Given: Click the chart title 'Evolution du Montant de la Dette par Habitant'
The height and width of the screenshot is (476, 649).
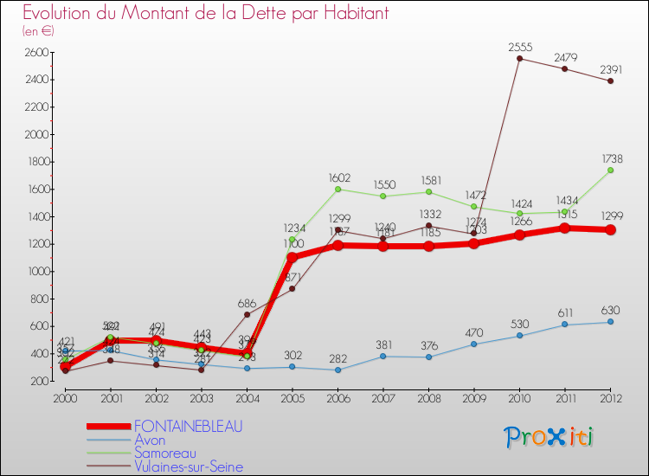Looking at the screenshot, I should pyautogui.click(x=206, y=13).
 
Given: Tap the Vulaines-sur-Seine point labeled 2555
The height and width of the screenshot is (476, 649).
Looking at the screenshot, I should pyautogui.click(x=519, y=59).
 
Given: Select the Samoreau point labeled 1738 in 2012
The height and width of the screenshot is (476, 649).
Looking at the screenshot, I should pyautogui.click(x=611, y=170).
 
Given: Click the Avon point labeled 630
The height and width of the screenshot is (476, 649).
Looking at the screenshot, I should pyautogui.click(x=611, y=322).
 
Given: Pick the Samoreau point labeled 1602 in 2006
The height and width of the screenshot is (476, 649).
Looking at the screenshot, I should pyautogui.click(x=337, y=189).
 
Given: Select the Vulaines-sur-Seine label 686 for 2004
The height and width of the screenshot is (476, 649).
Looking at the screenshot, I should pyautogui.click(x=247, y=304).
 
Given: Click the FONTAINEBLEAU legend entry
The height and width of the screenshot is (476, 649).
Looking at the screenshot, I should pyautogui.click(x=188, y=426).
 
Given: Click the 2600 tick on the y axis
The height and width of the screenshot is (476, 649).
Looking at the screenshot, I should pyautogui.click(x=36, y=53).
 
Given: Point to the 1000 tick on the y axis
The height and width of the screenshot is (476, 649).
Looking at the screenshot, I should pyautogui.click(x=36, y=271).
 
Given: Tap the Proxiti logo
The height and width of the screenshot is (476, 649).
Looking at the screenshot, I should pyautogui.click(x=549, y=437).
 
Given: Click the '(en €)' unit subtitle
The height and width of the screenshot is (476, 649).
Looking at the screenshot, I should pyautogui.click(x=38, y=31).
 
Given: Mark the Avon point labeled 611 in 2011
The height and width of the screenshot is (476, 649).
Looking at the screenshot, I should pyautogui.click(x=565, y=325).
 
